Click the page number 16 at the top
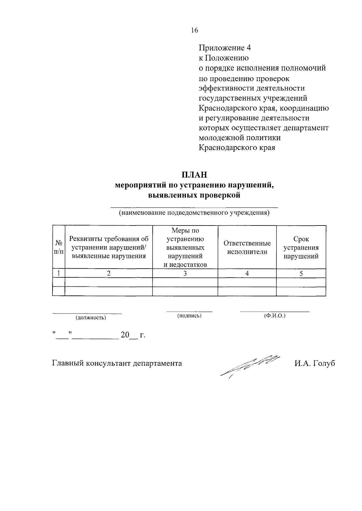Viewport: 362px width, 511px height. pos(194,30)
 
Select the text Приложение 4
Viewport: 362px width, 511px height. pos(225,48)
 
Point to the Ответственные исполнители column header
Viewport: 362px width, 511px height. pos(247,248)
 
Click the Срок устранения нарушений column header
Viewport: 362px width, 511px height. pos(301,248)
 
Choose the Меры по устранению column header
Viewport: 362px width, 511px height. pos(185,248)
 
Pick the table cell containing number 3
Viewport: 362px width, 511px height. pos(185,273)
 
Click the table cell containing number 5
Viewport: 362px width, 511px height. pos(301,273)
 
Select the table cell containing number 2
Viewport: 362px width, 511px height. pos(109,273)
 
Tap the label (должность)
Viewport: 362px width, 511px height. pos(91,318)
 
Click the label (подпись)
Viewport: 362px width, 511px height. pos(189,316)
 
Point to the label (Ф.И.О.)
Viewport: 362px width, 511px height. pos(275,316)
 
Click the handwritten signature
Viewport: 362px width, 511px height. pos(250,365)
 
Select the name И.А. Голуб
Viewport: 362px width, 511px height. pos(315,363)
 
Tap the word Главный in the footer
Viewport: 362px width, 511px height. pos(68,363)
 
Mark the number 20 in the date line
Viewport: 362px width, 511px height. pos(125,335)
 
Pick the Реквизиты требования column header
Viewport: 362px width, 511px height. pos(109,248)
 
